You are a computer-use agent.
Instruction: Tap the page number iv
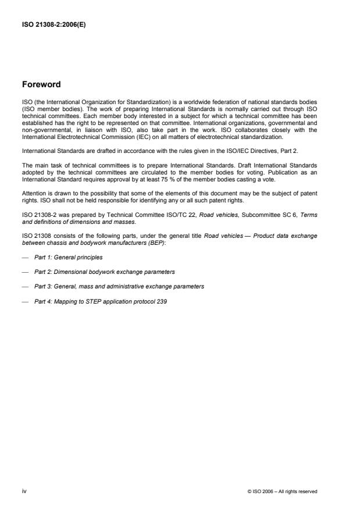pyautogui.click(x=24, y=491)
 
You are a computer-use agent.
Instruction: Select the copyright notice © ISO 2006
pyautogui.click(x=282, y=492)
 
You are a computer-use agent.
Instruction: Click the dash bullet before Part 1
pyautogui.click(x=24, y=256)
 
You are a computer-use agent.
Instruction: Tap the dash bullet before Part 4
pyautogui.click(x=24, y=302)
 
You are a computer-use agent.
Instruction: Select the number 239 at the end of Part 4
pyautogui.click(x=162, y=302)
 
